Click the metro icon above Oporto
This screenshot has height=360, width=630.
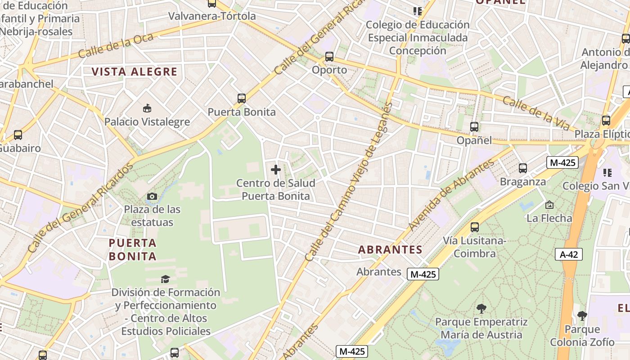coord(329,57)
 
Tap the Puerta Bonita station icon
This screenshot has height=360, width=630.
coord(242,98)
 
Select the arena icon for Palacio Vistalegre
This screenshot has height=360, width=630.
coord(147,108)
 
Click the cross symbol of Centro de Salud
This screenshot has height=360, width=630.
coord(276,170)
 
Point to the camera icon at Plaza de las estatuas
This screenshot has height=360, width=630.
coord(152,196)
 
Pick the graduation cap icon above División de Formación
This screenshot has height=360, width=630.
coord(165,279)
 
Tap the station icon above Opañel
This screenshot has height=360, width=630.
coord(474,127)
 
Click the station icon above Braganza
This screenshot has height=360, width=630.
coord(523,168)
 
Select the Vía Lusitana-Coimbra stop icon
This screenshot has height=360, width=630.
coord(475,227)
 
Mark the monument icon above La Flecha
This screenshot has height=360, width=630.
coord(549,205)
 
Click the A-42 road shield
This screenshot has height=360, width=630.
coord(569,254)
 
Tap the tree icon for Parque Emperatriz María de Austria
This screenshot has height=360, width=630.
coord(481,309)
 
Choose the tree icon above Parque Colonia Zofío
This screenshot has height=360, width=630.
coord(582,316)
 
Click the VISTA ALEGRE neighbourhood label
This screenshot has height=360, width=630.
coord(135,72)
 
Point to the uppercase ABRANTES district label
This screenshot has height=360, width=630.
coord(390,250)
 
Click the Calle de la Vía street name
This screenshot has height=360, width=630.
coord(536,114)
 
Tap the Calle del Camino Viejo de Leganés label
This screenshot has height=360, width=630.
coord(349,182)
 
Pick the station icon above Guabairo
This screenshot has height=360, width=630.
coord(18,135)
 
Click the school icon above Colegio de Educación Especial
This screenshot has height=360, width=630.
coord(418,11)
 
